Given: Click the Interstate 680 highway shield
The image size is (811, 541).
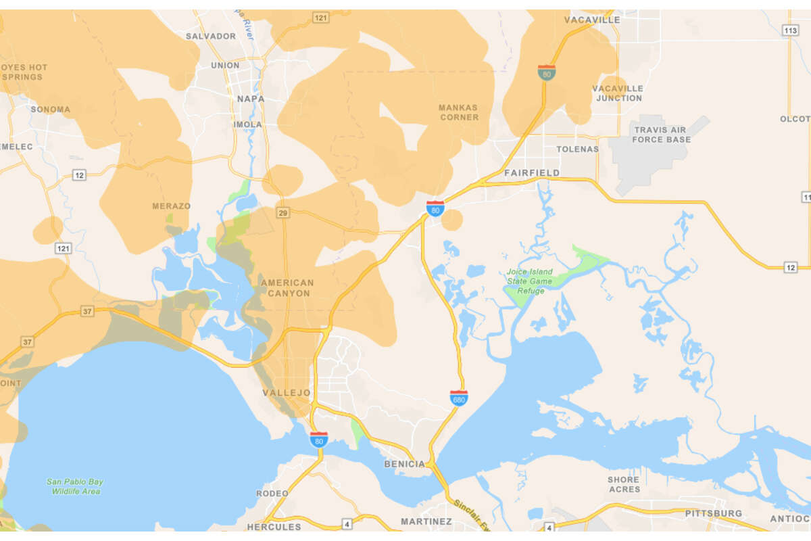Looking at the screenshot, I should click(x=459, y=398).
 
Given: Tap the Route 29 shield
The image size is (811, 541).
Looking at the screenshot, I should click(x=283, y=213).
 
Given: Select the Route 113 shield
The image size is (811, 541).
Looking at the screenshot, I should click(x=790, y=30).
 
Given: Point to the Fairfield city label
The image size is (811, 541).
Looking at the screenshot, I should click(x=532, y=173).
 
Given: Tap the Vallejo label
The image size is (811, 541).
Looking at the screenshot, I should click(x=287, y=393).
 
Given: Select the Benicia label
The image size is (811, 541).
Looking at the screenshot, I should click(x=405, y=464).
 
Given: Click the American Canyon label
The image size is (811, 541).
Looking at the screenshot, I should click(x=287, y=288).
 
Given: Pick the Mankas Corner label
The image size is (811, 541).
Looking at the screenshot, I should click(x=458, y=112).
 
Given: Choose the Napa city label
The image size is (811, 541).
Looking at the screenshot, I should click(x=251, y=99).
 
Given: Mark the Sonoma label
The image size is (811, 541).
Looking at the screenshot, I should click(x=50, y=110).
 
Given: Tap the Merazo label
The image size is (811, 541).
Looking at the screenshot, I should click(x=171, y=206).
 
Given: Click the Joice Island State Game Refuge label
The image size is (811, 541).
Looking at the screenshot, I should click(x=530, y=281).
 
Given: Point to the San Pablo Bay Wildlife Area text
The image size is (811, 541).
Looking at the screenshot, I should click(x=75, y=486).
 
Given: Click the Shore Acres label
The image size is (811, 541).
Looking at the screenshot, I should click(x=623, y=485).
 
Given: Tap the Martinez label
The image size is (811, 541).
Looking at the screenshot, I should click(x=426, y=521).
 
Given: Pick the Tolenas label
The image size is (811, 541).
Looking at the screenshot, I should click(x=577, y=149).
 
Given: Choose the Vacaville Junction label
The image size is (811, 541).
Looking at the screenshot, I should click(x=618, y=93).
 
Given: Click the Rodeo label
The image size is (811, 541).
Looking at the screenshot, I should click(x=272, y=494).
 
